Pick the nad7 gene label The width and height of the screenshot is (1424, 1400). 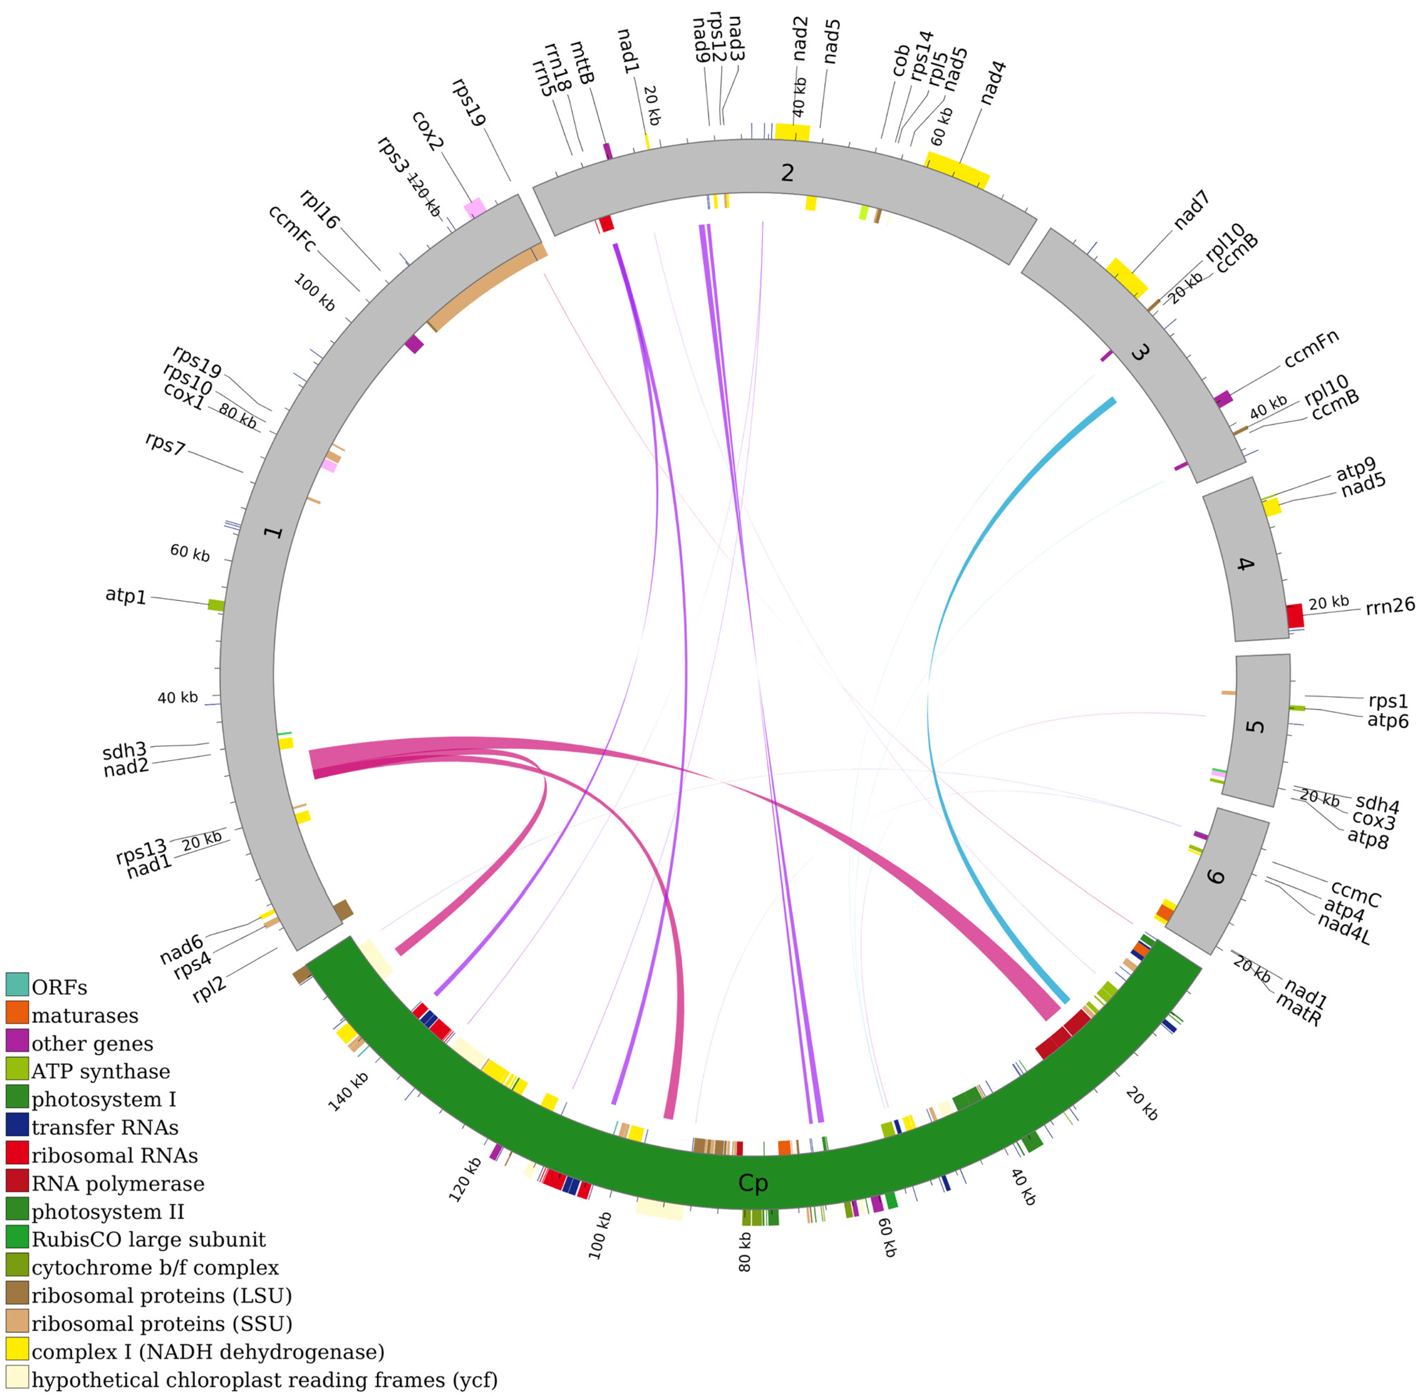(x=1192, y=210)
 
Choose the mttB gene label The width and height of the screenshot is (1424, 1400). (x=582, y=63)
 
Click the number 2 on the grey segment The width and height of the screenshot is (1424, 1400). (x=787, y=173)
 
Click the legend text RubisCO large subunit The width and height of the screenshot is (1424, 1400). (x=148, y=1240)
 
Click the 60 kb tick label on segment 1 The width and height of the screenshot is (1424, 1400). (x=190, y=553)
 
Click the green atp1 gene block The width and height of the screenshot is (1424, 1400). (x=216, y=605)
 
